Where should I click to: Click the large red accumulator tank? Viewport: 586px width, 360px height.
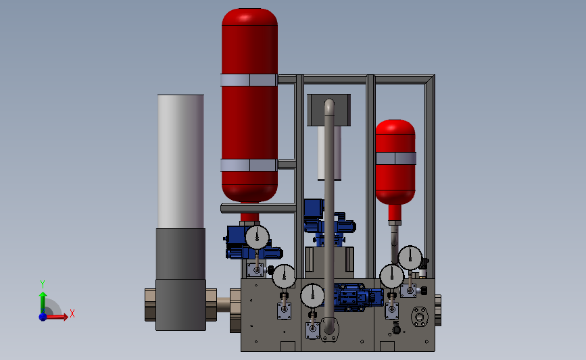(249, 108)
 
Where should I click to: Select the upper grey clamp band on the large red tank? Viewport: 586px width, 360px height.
(249, 80)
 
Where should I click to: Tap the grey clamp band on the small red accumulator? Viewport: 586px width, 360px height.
(396, 158)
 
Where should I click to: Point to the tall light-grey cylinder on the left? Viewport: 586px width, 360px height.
(180, 161)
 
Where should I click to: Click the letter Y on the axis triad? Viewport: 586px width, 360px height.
(42, 284)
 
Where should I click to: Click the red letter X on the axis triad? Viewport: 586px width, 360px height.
(72, 313)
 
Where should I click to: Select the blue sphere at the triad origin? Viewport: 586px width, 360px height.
(43, 317)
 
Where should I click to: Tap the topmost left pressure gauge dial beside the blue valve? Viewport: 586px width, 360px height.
(257, 237)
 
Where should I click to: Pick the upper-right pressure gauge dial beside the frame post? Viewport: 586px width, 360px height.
(410, 258)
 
